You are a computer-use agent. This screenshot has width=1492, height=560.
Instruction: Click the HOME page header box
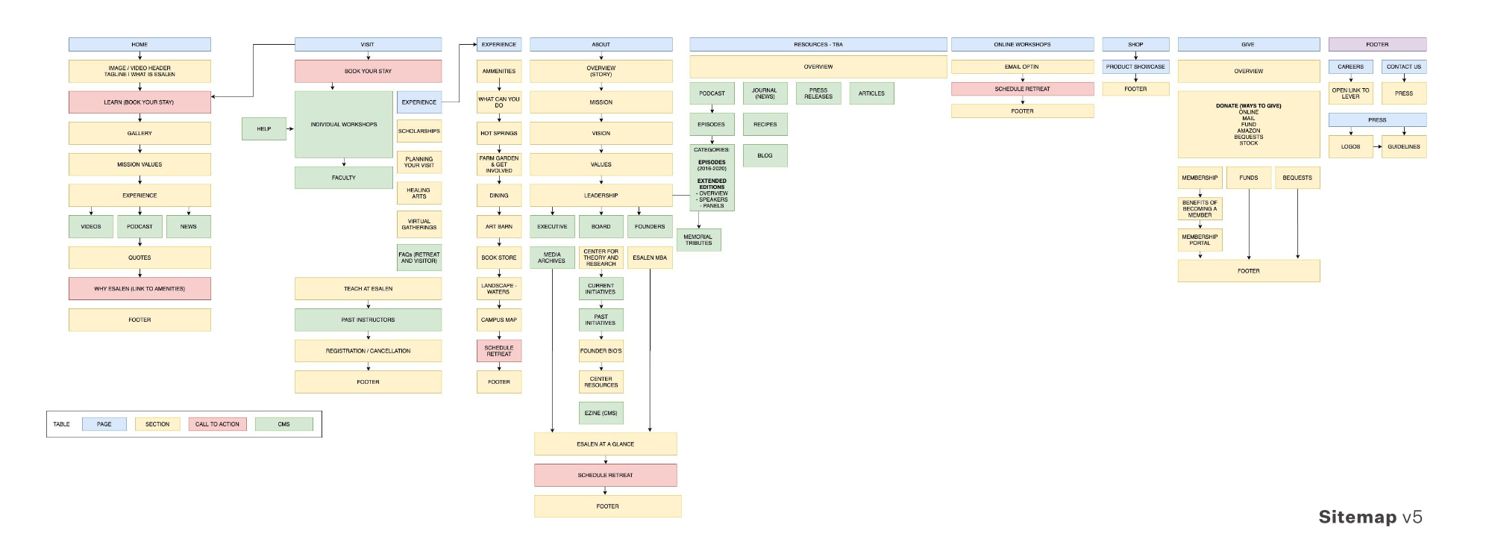(140, 44)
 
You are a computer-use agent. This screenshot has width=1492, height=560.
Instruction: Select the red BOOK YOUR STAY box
(368, 71)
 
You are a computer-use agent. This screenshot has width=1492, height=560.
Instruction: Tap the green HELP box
(264, 128)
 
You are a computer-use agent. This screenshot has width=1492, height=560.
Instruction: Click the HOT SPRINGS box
(499, 133)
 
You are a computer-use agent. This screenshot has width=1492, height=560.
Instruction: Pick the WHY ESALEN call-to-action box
(140, 288)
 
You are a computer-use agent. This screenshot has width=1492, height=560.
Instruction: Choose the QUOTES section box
(140, 258)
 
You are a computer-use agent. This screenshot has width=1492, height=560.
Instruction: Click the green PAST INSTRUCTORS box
(368, 320)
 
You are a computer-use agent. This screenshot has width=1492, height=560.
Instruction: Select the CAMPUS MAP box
(499, 320)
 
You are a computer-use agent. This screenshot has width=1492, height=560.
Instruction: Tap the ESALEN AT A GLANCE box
(605, 444)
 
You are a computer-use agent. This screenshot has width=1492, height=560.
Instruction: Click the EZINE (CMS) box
(601, 413)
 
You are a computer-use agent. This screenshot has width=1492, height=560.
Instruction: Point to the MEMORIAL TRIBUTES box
(698, 240)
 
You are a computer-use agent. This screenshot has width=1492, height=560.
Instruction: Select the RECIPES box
(765, 124)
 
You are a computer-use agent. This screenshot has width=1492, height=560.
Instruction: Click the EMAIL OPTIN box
(1022, 66)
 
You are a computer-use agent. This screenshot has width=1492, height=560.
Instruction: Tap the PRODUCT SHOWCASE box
(1135, 66)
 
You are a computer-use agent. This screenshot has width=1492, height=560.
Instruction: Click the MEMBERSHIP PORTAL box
(1200, 240)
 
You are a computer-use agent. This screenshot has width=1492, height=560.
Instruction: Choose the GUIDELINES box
(1404, 146)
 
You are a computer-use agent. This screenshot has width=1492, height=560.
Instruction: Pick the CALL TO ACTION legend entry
(217, 424)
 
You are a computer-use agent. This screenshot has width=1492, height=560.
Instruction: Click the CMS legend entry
(283, 424)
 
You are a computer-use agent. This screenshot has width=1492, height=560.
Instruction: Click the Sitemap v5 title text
(1370, 517)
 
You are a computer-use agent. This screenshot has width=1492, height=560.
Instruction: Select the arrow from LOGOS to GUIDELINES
(1377, 146)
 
